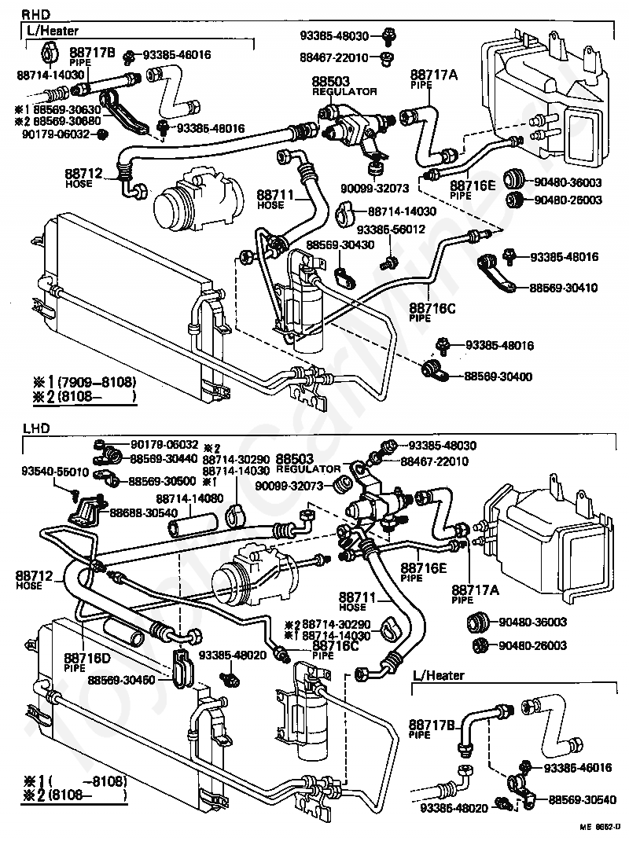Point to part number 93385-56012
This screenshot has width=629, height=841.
coord(391,230)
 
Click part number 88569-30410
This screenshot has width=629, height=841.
coord(563,288)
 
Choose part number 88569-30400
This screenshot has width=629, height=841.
coord(498,376)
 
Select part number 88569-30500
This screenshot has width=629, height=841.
coord(164,480)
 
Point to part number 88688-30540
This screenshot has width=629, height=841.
coord(144,512)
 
